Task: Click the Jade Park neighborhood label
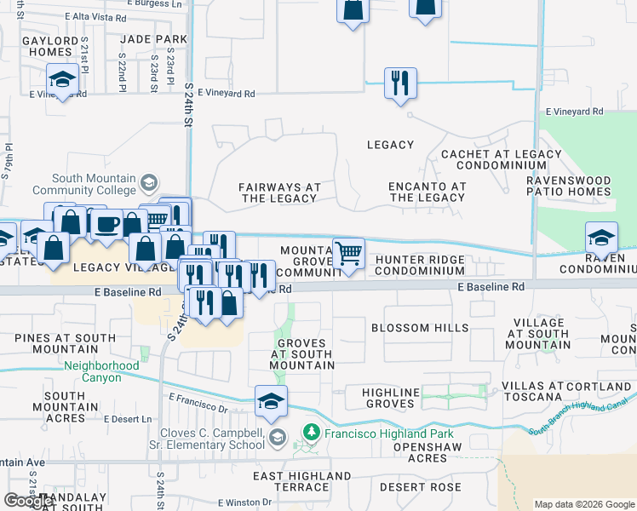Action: (x=153, y=39)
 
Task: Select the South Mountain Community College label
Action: (x=94, y=185)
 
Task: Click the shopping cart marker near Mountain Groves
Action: (x=348, y=253)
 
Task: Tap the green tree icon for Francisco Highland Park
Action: (x=312, y=431)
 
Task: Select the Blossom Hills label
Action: (x=420, y=328)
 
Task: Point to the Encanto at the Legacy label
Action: (x=427, y=192)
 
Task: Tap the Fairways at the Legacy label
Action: (x=279, y=192)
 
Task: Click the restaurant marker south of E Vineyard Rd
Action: (x=400, y=83)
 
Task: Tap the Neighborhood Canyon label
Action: (x=101, y=371)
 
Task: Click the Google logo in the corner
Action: (x=29, y=501)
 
